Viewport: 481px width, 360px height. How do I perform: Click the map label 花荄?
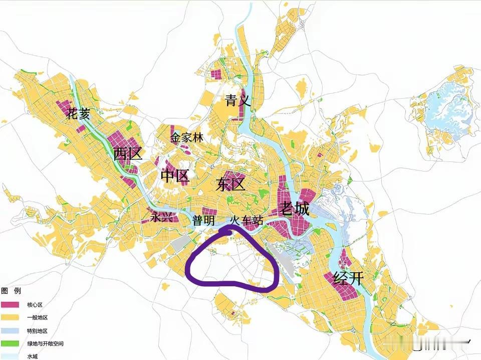pyautogui.click(x=79, y=114)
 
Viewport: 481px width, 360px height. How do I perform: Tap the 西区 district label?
pyautogui.click(x=127, y=154)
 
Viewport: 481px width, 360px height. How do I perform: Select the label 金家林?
pyautogui.click(x=186, y=137)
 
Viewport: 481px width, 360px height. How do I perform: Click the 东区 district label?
pyautogui.click(x=230, y=185)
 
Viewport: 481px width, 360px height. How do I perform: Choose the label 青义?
pyautogui.click(x=237, y=101)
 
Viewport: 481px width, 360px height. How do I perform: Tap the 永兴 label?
pyautogui.click(x=162, y=218)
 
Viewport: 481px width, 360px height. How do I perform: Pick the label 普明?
pyautogui.click(x=204, y=221)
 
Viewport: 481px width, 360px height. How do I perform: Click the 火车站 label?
pyautogui.click(x=247, y=220)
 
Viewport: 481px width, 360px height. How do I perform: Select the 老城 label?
pyautogui.click(x=294, y=208)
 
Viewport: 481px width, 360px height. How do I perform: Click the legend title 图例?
pyautogui.click(x=11, y=291)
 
